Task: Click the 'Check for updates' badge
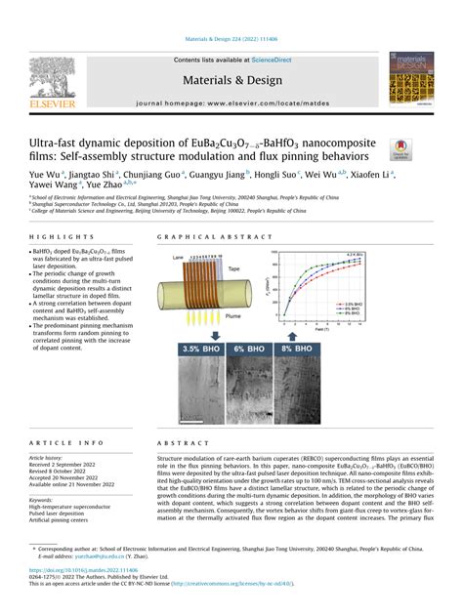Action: pos(400,149)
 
